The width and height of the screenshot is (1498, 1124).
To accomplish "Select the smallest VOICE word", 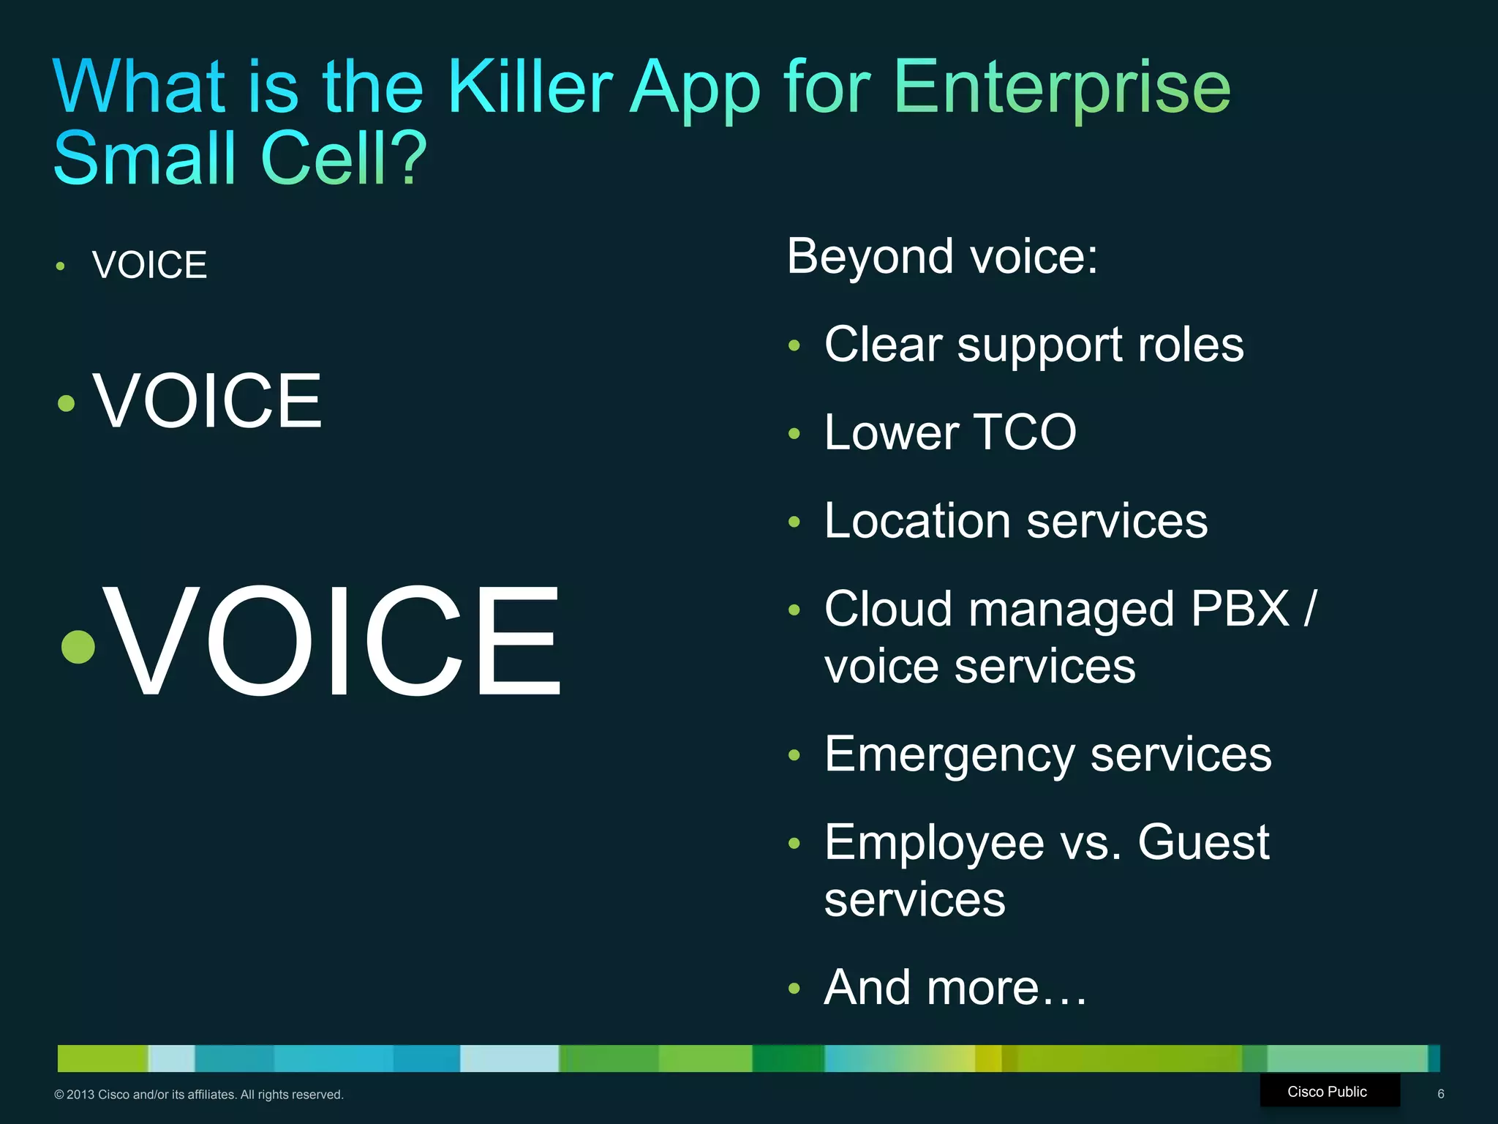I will pos(149,265).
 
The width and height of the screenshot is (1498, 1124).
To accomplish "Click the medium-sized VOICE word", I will pos(207,401).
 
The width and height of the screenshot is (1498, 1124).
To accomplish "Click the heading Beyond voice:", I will pos(942,257).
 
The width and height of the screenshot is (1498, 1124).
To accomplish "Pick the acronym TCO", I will pos(1024,432).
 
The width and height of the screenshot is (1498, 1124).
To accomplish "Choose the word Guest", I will pos(1203,842).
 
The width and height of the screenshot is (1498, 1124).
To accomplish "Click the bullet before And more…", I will pos(794,989).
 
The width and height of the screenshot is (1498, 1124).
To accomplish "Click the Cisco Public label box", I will pos(1328,1091).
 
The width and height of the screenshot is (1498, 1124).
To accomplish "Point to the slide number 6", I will pos(1440,1094).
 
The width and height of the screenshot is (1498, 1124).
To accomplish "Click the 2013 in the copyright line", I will pos(80,1095).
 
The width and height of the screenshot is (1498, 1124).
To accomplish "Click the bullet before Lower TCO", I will pos(794,434).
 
